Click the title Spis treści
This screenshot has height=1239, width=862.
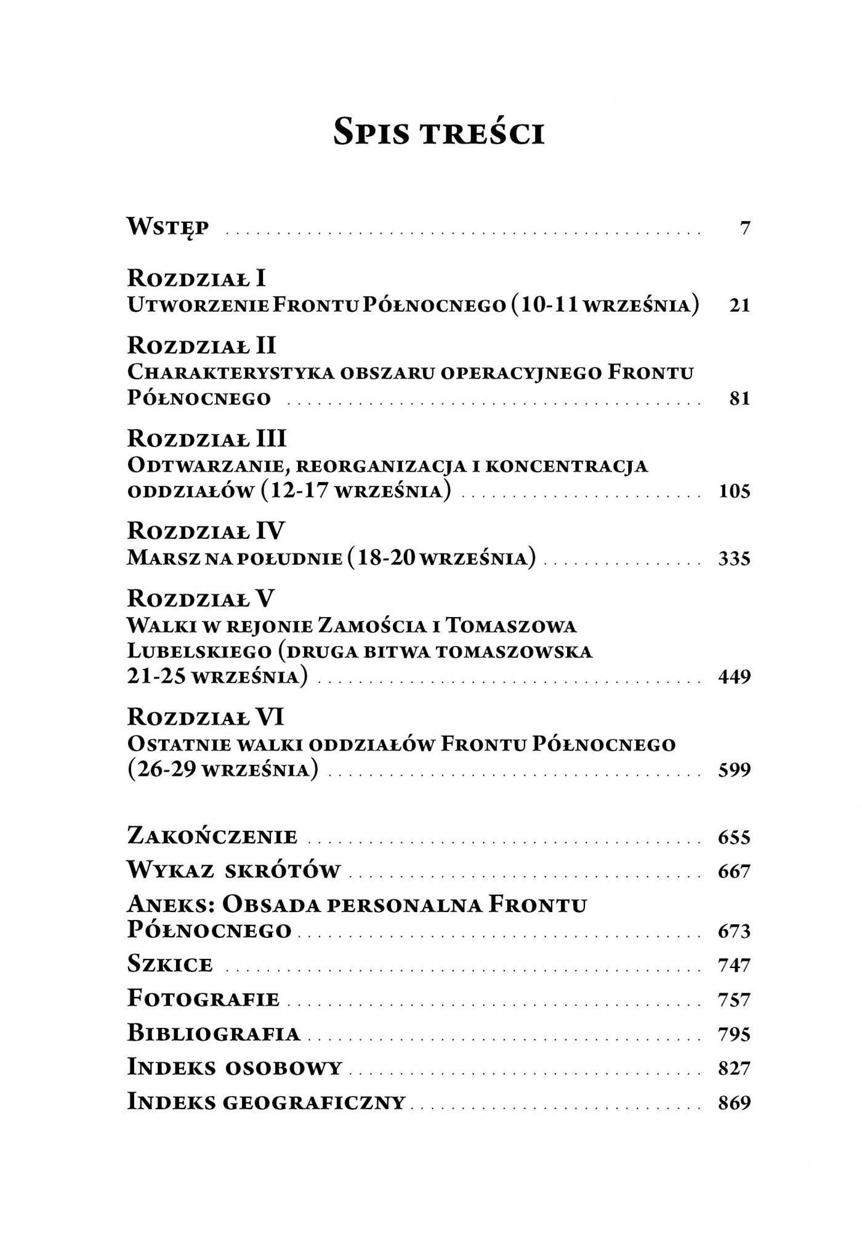pos(438,131)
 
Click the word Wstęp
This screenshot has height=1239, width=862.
pos(167,228)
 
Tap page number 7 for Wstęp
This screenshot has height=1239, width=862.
pos(745,229)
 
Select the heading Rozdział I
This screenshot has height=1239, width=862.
pos(196,278)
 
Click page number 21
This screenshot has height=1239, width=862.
pos(739,306)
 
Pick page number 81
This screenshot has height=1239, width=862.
pos(739,399)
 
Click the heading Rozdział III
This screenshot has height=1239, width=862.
pos(207,439)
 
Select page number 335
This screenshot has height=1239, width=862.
pos(735,559)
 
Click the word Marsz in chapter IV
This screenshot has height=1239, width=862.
pos(158,559)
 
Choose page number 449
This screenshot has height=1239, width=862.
pos(735,677)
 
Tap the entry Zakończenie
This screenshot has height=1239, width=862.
pos(212,837)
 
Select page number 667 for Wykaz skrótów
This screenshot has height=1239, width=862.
pos(735,871)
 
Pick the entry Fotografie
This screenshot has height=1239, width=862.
pos(203,998)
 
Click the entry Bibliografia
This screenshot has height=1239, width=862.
pos(214,1033)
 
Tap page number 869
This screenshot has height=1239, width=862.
pos(735,1102)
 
